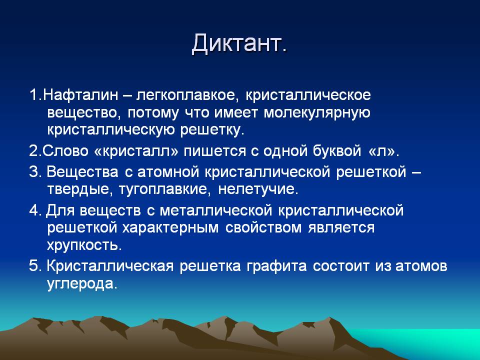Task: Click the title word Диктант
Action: click(x=239, y=44)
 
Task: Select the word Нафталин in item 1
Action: click(x=80, y=95)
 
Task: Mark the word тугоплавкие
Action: click(x=164, y=189)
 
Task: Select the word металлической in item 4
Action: click(x=216, y=210)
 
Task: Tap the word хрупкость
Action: click(x=84, y=245)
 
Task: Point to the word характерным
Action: click(x=170, y=228)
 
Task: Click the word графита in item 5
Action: click(x=276, y=266)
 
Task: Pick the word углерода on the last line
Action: click(x=82, y=284)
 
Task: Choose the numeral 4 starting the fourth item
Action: click(x=33, y=210)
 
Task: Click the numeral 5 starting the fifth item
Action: click(x=33, y=265)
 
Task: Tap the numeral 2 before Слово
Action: click(x=33, y=151)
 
